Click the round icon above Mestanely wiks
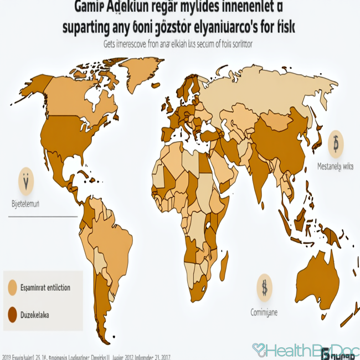(x=336, y=146)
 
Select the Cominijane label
(x=264, y=312)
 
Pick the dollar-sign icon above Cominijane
(x=265, y=287)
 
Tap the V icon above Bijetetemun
(x=26, y=181)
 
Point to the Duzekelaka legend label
(x=35, y=315)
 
